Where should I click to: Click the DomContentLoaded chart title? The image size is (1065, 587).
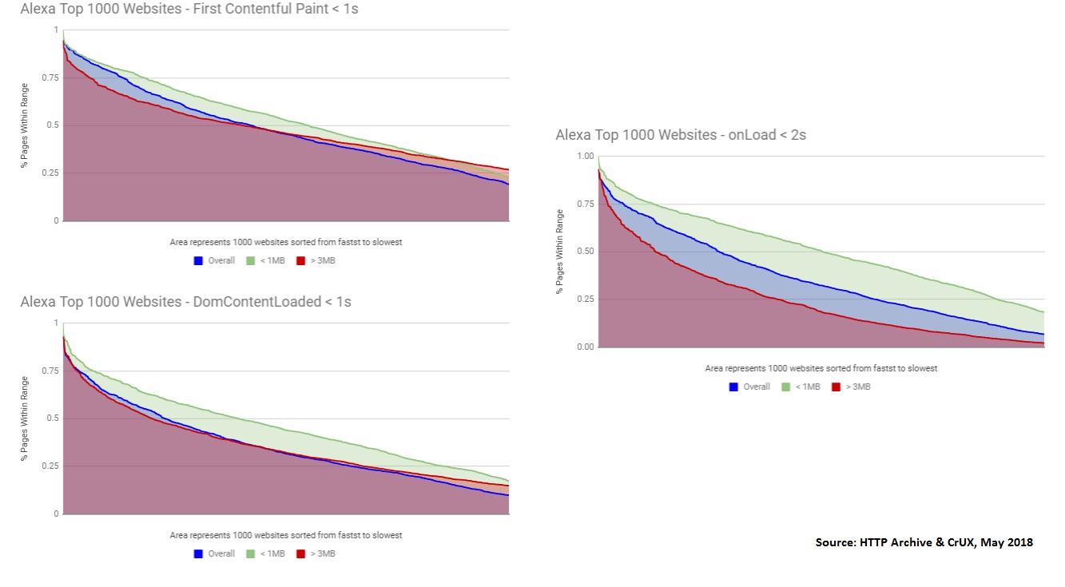tap(185, 302)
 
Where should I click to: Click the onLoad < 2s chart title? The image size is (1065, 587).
tap(681, 135)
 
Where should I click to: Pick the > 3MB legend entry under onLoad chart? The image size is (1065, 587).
tap(852, 387)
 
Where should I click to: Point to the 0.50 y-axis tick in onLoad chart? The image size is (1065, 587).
tap(585, 252)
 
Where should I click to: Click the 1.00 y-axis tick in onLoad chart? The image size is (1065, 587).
tap(585, 157)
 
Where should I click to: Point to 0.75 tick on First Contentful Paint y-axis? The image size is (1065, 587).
tap(50, 77)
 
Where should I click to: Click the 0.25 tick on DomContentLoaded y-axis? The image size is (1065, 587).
tap(50, 466)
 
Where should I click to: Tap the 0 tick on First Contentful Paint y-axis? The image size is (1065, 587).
tap(55, 220)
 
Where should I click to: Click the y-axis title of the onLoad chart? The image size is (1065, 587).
tap(561, 252)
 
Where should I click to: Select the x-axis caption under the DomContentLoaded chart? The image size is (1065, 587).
tap(286, 535)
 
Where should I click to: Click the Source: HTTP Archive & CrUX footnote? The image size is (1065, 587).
tap(924, 542)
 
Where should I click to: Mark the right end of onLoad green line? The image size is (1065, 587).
tap(1043, 311)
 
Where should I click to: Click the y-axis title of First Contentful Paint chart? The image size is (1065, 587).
tap(26, 125)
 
